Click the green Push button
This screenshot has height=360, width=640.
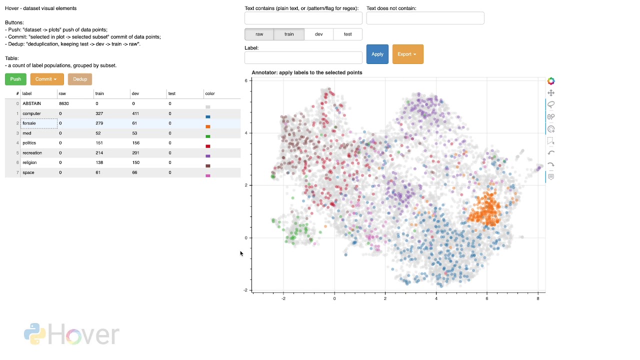tap(15, 79)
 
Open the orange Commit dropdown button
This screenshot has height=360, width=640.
tap(47, 79)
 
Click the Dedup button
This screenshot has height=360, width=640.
tap(80, 79)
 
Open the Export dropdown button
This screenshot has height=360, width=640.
tap(407, 54)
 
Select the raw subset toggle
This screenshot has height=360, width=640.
tap(259, 34)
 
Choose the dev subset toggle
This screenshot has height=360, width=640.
tap(318, 34)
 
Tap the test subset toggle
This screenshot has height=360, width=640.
tap(347, 34)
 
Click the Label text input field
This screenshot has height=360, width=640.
tap(303, 57)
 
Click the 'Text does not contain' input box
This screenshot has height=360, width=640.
tap(425, 18)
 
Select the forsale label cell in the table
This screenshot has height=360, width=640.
tap(38, 123)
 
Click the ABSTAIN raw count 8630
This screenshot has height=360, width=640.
tap(64, 103)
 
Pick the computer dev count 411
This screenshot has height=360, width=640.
tap(135, 113)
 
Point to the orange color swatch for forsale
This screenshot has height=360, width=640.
tap(208, 126)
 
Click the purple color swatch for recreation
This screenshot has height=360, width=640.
tap(208, 156)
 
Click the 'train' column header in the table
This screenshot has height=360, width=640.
tap(99, 93)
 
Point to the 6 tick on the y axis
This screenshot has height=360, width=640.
tap(246, 80)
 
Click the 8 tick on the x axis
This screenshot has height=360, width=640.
tap(538, 298)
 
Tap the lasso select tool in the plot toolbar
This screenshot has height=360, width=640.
tap(551, 104)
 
